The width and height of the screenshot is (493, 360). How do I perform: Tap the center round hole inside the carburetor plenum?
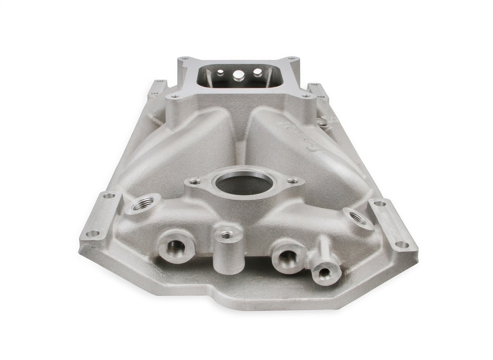(x=239, y=74)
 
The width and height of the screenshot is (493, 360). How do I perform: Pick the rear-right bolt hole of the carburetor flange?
(x=291, y=59)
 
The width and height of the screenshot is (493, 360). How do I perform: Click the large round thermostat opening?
(x=245, y=183)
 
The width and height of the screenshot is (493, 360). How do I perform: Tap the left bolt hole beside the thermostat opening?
(x=195, y=181)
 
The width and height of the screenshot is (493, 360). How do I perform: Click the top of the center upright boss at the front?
(x=227, y=235)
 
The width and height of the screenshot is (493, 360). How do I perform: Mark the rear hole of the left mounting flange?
(x=108, y=195)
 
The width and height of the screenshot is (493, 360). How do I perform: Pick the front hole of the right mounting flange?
(x=401, y=245)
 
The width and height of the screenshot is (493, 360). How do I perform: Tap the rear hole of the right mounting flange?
(x=380, y=204)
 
